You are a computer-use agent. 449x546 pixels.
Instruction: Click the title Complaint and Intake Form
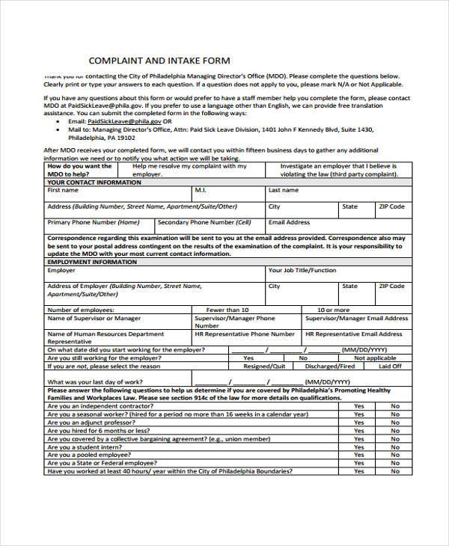pyautogui.click(x=160, y=60)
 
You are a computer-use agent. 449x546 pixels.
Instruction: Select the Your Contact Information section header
pyautogui.click(x=94, y=182)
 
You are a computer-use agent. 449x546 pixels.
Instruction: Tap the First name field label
pyautogui.click(x=63, y=191)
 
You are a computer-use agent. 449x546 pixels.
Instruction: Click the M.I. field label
pyautogui.click(x=201, y=191)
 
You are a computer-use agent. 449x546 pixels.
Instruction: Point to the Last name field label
pyautogui.click(x=284, y=191)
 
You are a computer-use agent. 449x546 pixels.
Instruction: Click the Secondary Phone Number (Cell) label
pyautogui.click(x=204, y=222)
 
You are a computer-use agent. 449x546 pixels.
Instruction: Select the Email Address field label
pyautogui.click(x=289, y=222)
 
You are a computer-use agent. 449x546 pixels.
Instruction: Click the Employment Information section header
pyautogui.click(x=92, y=263)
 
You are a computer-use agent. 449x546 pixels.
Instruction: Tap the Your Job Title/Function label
pyautogui.click(x=302, y=271)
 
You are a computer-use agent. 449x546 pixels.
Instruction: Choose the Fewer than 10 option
pyautogui.click(x=227, y=309)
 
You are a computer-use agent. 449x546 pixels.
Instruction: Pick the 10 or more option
pyautogui.click(x=333, y=309)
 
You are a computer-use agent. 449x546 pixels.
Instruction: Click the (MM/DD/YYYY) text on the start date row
pyautogui.click(x=364, y=349)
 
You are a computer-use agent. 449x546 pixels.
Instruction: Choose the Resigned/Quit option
pyautogui.click(x=264, y=366)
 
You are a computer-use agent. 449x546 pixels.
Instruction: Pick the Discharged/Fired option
pyautogui.click(x=332, y=366)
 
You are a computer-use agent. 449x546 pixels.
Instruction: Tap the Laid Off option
pyautogui.click(x=390, y=366)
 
